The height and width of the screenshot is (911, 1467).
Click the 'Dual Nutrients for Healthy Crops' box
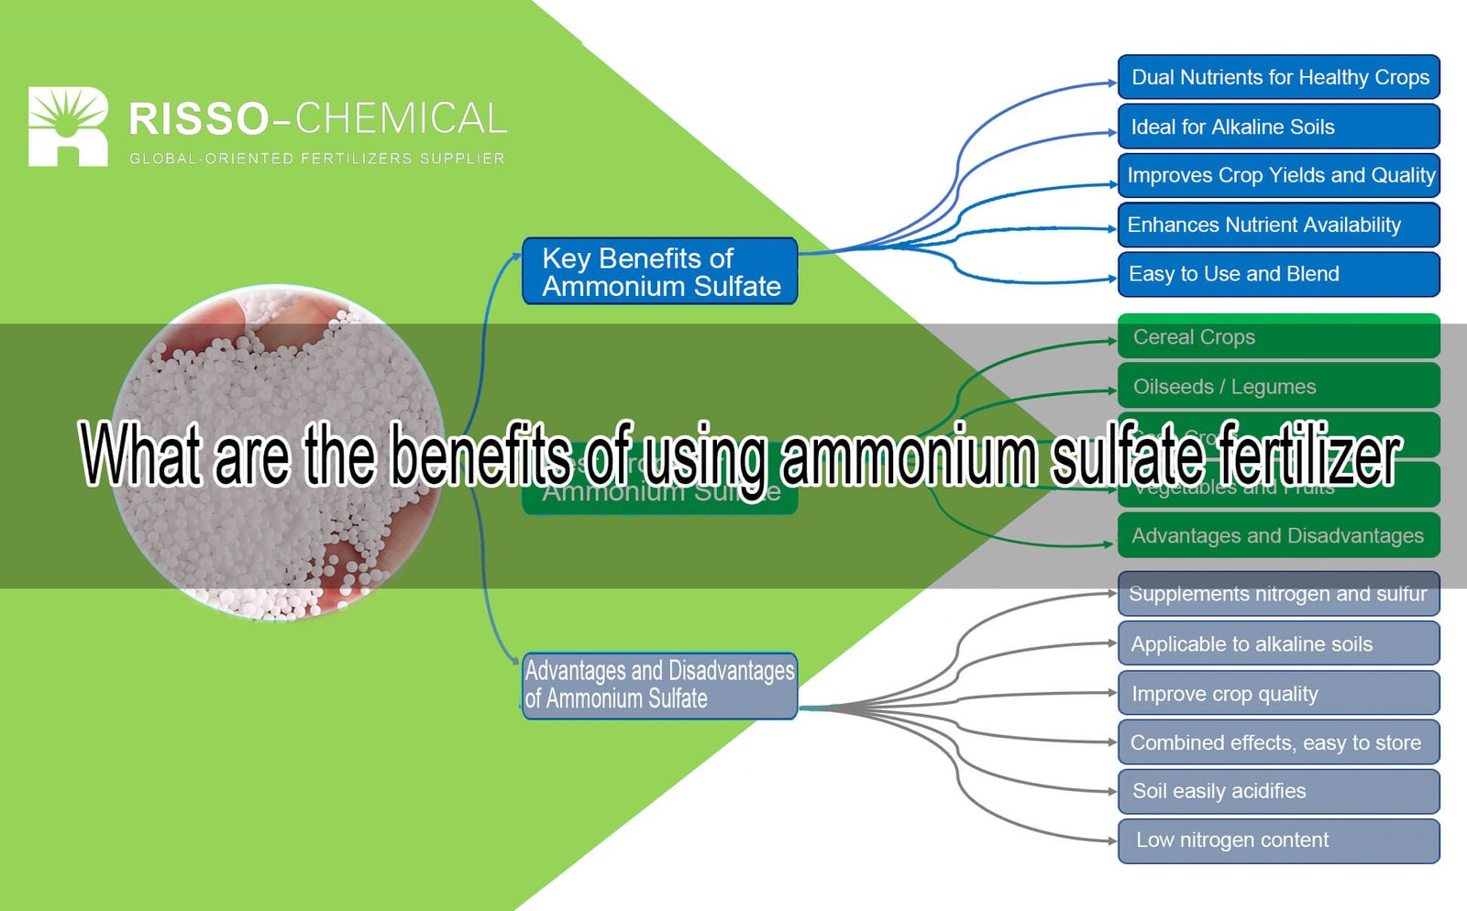click(1278, 77)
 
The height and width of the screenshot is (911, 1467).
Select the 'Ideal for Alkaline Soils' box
click(1278, 126)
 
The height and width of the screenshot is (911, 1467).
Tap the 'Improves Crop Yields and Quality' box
click(1278, 175)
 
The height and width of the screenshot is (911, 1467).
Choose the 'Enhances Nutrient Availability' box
click(1278, 225)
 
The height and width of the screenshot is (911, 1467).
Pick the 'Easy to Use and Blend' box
click(1278, 274)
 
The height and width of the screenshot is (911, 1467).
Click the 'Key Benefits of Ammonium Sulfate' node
click(659, 271)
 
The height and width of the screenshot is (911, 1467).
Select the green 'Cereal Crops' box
click(1278, 337)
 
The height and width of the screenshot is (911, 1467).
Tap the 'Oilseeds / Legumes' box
click(1278, 387)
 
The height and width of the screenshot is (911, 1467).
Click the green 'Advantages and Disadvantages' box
click(1278, 536)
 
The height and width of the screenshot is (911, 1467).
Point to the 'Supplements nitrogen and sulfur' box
click(1278, 594)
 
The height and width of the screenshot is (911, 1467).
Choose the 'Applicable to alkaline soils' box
click(1278, 643)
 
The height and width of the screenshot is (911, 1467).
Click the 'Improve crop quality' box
click(1278, 694)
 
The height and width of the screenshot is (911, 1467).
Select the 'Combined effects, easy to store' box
click(1278, 742)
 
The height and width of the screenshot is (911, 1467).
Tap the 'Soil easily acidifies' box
click(1278, 791)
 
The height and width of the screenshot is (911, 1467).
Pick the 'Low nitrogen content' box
click(1278, 840)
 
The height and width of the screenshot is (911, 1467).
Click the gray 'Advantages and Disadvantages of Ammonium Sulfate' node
click(659, 686)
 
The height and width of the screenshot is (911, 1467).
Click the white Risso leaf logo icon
click(67, 126)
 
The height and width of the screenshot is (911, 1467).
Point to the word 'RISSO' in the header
click(198, 120)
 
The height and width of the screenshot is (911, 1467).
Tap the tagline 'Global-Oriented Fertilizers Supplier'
click(316, 159)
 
